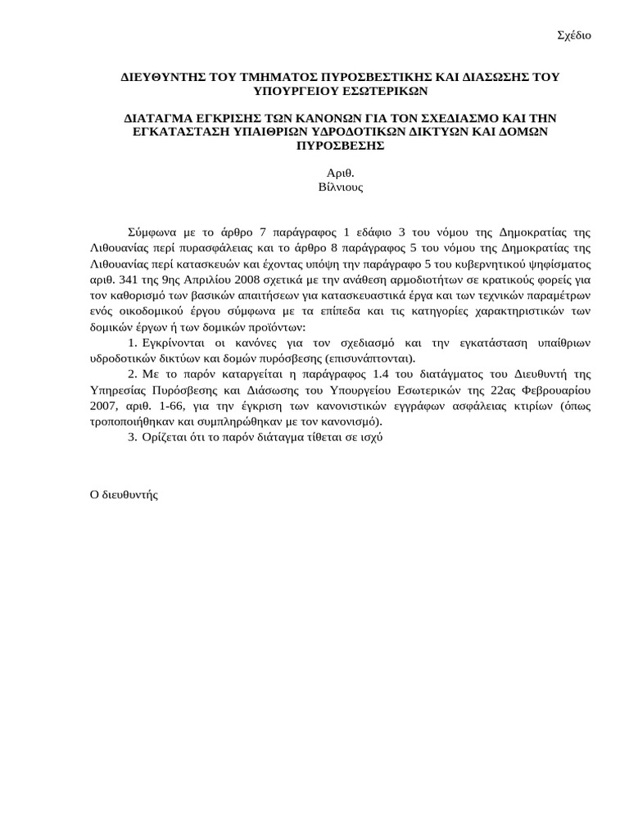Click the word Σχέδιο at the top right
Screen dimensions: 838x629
pos(574,35)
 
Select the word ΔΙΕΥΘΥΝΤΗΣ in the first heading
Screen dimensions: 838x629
pos(163,76)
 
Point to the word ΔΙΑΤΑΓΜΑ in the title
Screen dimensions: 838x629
pos(160,118)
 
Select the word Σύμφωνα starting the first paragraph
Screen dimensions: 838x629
pos(153,232)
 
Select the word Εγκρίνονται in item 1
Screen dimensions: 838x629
pos(176,342)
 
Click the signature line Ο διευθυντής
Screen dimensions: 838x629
pos(123,494)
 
